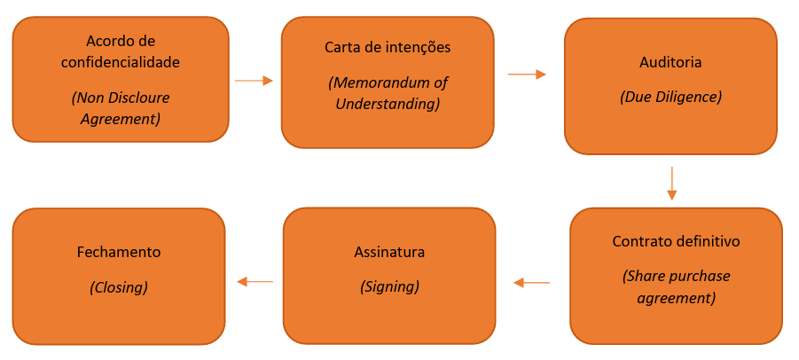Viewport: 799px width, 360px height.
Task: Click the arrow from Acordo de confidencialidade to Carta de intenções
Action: click(254, 81)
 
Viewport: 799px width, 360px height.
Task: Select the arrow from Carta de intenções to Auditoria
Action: click(527, 74)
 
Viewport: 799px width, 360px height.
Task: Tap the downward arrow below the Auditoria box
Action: click(672, 183)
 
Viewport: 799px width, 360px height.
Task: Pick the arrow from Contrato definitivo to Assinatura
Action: click(532, 283)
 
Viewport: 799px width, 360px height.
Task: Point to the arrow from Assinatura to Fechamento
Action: click(255, 282)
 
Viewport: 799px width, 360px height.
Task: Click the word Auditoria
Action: click(670, 63)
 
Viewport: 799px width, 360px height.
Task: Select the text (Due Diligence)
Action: click(670, 96)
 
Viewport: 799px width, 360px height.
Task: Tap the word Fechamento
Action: click(119, 252)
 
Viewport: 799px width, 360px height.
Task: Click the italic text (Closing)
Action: click(119, 286)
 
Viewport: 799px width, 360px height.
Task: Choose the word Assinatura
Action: click(389, 252)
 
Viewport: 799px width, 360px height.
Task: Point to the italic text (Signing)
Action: click(389, 286)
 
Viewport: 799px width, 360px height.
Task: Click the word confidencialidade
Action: click(120, 63)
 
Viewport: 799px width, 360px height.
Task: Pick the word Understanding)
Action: click(388, 104)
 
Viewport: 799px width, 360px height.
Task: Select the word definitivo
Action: click(708, 241)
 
